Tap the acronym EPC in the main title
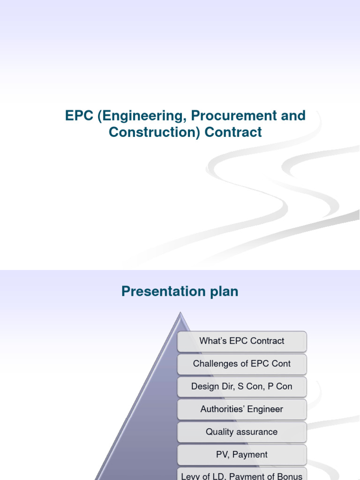point(79,116)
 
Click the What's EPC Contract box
point(242,341)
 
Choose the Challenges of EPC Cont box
point(242,364)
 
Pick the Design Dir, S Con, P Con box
point(242,387)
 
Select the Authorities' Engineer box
point(242,409)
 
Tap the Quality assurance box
point(242,432)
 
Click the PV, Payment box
point(242,455)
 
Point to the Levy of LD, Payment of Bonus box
point(242,474)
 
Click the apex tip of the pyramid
point(179,313)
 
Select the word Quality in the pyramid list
point(219,432)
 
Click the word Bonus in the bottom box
point(290,476)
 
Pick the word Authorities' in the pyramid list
point(221,409)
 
